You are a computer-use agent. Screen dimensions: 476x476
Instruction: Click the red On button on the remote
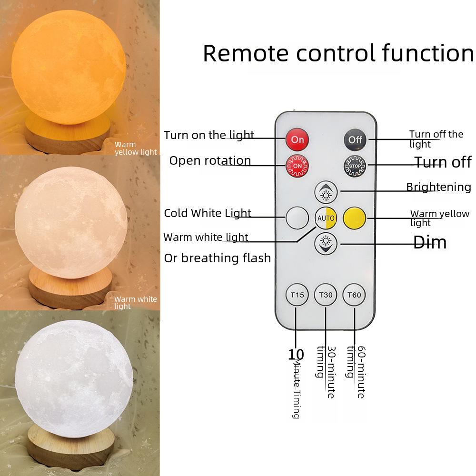[x=297, y=139]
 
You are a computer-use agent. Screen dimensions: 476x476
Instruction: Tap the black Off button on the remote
[x=355, y=139]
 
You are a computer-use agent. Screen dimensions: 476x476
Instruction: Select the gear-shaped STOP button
[x=355, y=166]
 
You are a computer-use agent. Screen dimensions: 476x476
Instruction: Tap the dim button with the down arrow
[x=326, y=244]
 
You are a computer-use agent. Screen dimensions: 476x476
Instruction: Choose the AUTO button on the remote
[x=326, y=218]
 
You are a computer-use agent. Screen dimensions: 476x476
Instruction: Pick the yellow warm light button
[x=354, y=218]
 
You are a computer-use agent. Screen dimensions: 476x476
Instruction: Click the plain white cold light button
[x=297, y=218]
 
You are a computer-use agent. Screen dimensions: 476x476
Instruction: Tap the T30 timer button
[x=326, y=295]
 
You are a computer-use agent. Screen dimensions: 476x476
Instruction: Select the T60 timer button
[x=355, y=295]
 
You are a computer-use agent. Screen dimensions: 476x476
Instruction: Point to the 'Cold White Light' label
[x=208, y=213]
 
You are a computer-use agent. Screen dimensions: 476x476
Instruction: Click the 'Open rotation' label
[x=210, y=160]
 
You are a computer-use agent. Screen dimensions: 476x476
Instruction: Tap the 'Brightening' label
[x=438, y=187]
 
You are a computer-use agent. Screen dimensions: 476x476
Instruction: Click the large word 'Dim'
[x=430, y=243]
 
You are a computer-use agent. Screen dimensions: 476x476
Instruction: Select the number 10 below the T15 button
[x=296, y=355]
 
